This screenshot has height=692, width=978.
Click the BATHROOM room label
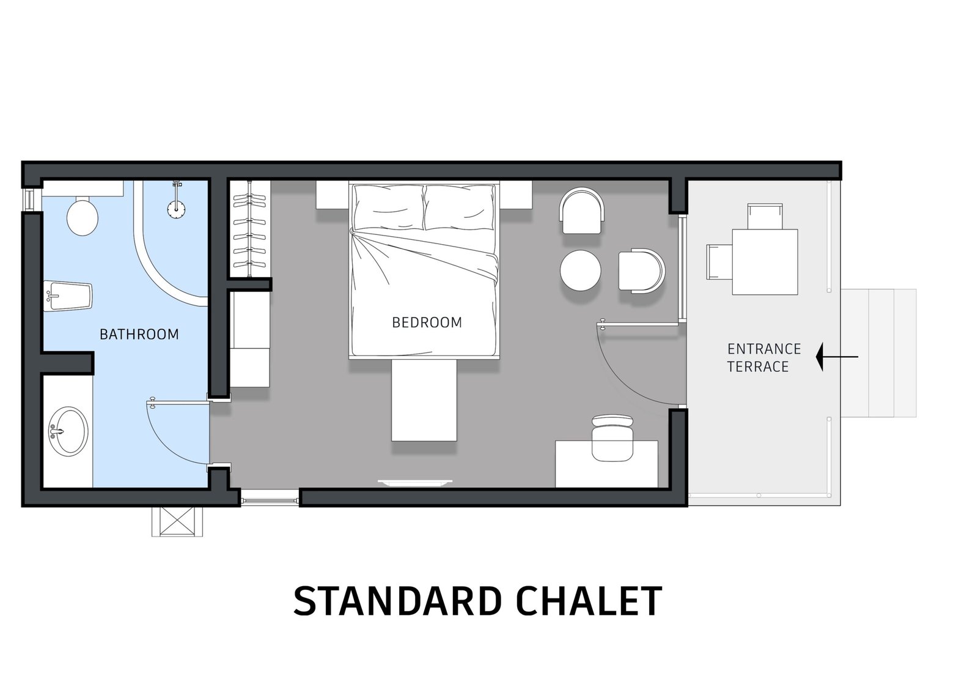[139, 335]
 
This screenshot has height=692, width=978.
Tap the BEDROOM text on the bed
[427, 322]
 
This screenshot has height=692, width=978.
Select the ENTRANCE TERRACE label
[764, 357]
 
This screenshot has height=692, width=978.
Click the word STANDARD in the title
[397, 601]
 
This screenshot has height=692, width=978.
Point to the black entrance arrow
[837, 357]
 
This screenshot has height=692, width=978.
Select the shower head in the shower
[177, 209]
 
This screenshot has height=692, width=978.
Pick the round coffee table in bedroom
[581, 270]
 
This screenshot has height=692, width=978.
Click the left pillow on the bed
[388, 207]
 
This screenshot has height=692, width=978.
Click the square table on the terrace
[765, 262]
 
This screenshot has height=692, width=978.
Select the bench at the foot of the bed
[424, 400]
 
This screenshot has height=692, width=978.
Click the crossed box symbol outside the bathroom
[177, 521]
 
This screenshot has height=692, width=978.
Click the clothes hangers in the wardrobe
[249, 231]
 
